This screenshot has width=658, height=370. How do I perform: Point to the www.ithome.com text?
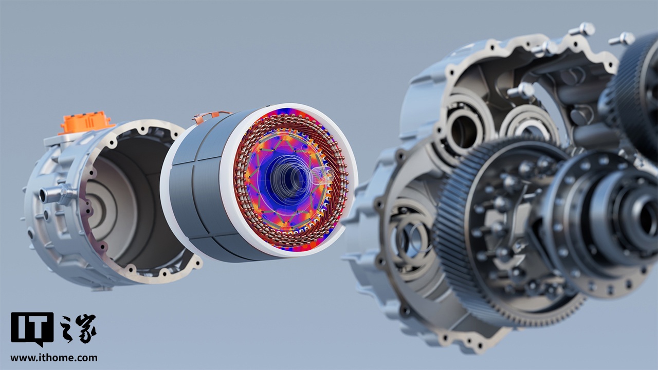click(54, 358)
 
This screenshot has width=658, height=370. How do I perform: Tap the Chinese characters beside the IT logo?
click(78, 328)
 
